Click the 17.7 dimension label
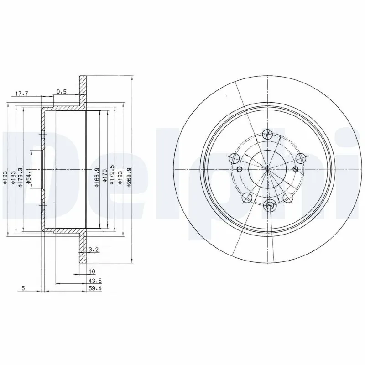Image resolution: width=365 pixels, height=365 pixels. (22, 94)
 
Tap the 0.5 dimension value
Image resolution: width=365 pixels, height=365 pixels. (61, 92)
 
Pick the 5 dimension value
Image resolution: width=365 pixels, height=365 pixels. (22, 288)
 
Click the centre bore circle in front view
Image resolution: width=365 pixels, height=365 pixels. (267, 169)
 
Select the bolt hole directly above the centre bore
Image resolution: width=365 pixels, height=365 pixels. (268, 134)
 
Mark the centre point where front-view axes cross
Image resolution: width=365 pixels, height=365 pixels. (267, 169)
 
